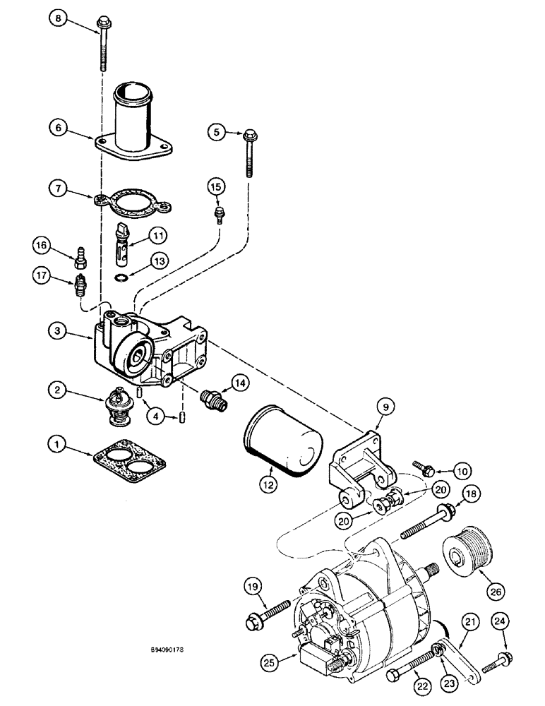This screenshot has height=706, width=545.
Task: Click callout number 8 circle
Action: pyautogui.click(x=59, y=19)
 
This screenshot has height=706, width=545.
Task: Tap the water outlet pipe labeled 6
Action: pyautogui.click(x=134, y=120)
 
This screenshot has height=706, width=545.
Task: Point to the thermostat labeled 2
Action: pyautogui.click(x=116, y=406)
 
